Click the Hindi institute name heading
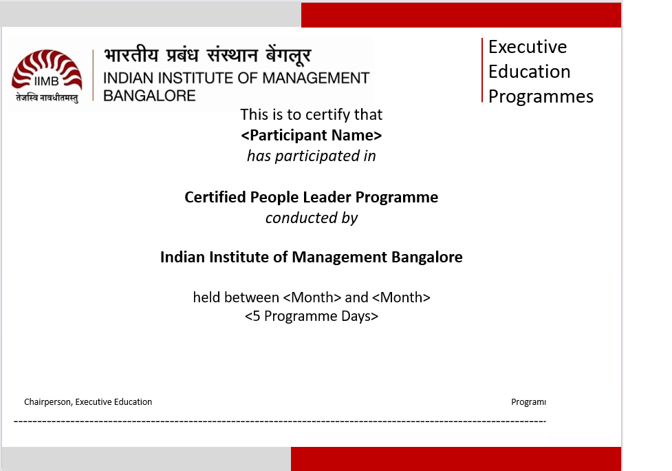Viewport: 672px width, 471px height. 207,56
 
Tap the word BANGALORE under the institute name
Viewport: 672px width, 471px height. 149,96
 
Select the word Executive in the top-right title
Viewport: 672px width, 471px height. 528,47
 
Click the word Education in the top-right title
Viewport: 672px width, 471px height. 530,72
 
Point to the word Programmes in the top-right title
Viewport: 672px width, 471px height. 541,97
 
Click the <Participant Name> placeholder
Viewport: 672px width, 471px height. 312,135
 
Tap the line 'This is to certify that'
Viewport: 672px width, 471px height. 311,114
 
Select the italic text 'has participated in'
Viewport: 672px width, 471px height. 312,156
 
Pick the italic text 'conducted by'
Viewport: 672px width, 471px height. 312,218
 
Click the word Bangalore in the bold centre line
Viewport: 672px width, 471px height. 427,257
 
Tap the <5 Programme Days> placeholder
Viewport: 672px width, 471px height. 312,316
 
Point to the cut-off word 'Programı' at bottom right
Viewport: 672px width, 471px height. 528,402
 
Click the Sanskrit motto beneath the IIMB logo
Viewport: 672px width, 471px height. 47,98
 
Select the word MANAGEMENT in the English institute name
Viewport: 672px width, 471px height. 316,78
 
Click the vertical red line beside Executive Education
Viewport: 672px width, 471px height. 482,70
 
